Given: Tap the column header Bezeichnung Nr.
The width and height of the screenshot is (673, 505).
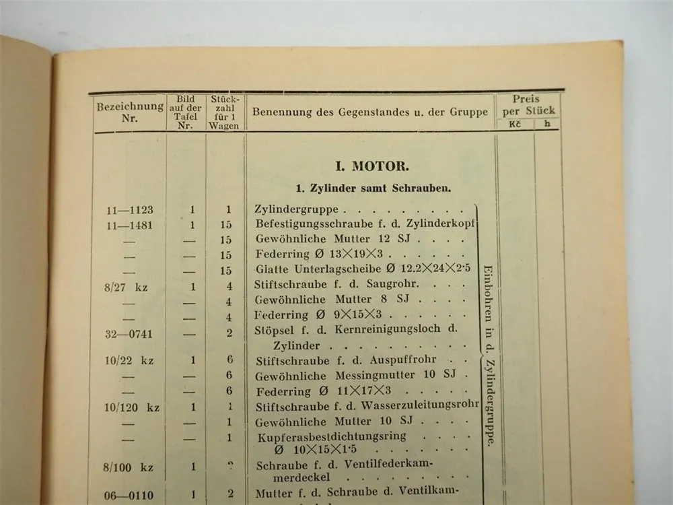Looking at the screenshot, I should click(x=130, y=112).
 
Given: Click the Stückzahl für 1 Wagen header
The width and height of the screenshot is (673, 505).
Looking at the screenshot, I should click(x=223, y=112).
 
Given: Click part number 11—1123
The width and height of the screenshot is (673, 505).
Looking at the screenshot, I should click(x=129, y=210).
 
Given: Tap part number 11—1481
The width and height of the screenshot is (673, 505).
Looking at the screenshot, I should click(x=129, y=226).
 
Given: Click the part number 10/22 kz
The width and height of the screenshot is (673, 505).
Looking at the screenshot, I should click(x=129, y=361).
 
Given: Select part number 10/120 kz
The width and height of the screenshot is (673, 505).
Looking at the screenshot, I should click(x=132, y=407).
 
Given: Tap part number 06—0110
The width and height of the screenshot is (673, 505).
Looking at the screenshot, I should click(x=129, y=495).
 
